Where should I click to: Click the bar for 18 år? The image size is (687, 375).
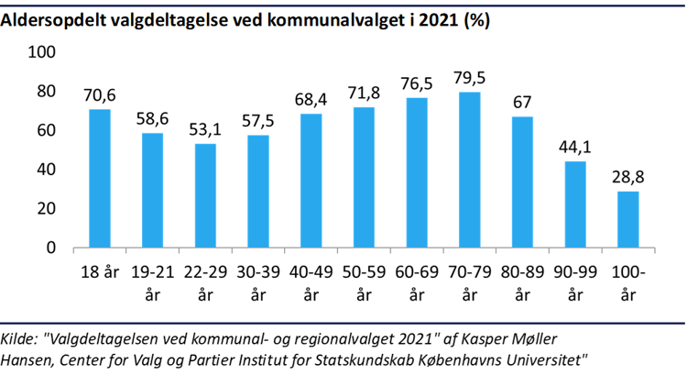click(100, 179)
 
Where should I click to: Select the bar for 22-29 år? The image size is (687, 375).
click(206, 195)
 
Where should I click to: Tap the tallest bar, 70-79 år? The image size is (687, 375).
click(470, 170)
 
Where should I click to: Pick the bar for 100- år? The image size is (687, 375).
click(627, 219)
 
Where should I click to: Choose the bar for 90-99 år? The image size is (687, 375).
click(575, 204)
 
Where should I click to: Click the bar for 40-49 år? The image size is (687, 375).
click(311, 181)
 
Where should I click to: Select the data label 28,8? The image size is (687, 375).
click(627, 178)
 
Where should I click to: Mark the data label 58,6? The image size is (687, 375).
click(153, 119)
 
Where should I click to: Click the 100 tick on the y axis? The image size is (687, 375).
click(44, 53)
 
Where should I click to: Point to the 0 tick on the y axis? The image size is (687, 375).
click(51, 248)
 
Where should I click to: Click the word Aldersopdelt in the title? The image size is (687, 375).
click(54, 20)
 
